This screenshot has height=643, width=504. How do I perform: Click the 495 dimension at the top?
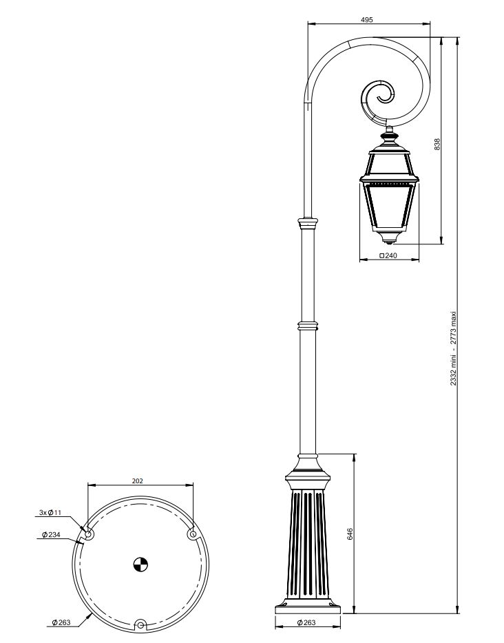coord(366,19)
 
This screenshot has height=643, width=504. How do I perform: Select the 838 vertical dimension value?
coord(437,145)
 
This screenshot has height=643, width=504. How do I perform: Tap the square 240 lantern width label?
coord(388,255)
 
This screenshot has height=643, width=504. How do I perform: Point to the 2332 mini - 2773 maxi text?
coord(453,348)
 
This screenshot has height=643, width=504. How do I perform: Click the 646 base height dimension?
coord(349,534)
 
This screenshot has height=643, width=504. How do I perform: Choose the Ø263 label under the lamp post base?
coord(306,622)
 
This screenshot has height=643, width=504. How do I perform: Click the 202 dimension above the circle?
coord(138,481)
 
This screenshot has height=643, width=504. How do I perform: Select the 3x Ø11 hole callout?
coord(50,512)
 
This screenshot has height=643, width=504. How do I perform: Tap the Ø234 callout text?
coord(51,534)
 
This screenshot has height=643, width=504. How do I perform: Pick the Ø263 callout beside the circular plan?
coord(61,622)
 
